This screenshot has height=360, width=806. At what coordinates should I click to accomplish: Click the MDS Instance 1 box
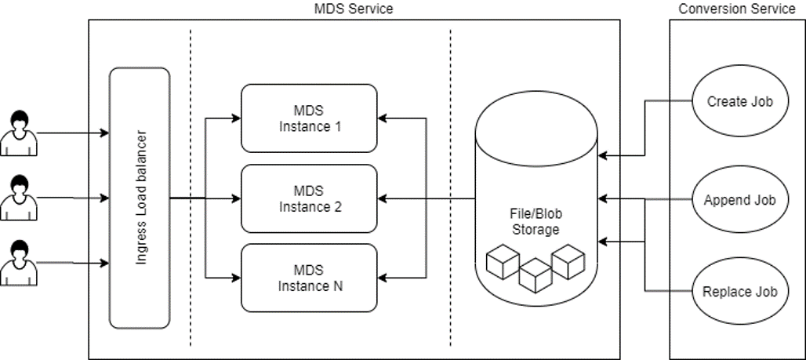click(x=308, y=118)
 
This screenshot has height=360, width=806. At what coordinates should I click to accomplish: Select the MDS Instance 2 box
click(x=308, y=199)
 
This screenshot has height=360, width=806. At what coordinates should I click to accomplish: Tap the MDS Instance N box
click(x=308, y=278)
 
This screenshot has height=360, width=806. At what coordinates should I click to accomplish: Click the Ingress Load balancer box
click(x=140, y=198)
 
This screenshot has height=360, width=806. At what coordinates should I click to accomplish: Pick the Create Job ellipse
click(x=739, y=101)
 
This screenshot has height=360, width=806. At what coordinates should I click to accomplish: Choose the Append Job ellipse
click(x=739, y=200)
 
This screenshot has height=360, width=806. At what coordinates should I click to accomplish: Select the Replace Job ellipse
click(x=739, y=292)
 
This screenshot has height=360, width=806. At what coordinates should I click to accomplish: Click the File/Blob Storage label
click(x=536, y=222)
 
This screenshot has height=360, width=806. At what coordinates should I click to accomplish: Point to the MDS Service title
click(x=353, y=9)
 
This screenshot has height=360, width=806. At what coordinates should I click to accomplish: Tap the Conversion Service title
click(x=737, y=9)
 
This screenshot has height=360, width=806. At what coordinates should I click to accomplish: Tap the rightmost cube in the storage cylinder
click(x=568, y=260)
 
